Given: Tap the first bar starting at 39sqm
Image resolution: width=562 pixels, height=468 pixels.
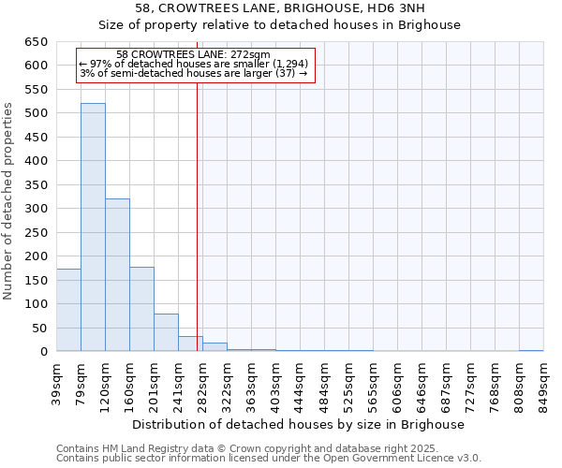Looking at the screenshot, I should tap(68, 310).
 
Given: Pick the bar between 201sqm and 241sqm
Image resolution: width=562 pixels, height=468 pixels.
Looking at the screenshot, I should tap(166, 333).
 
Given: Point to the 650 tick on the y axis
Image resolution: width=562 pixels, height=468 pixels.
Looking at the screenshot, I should tap(37, 42).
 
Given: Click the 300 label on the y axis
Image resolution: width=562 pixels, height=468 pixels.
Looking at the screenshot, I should tap(37, 209).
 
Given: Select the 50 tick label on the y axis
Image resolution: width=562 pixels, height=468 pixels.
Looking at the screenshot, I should tap(41, 329).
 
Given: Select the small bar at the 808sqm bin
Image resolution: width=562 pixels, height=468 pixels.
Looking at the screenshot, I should tap(531, 350).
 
